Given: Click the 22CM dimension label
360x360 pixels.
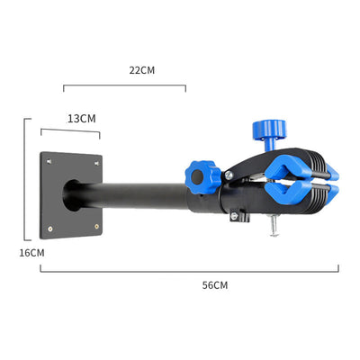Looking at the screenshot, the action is pos(142,70).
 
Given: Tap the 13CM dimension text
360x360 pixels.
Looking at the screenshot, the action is pos(82,119).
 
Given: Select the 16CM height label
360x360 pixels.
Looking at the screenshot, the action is pos(31,253).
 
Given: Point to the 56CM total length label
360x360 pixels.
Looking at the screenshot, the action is pos(215,285).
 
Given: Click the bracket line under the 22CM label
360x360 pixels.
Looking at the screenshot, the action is pos(124,85).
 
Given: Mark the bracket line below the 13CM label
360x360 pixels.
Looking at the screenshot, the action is pos(70,130).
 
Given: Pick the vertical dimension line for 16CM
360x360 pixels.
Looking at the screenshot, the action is pos(24,179).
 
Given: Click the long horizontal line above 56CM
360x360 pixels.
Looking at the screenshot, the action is pos(190,272).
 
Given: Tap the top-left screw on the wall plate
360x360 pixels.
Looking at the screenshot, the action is pos(49,162).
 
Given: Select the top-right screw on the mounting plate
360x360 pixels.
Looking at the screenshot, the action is pos(96,164).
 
